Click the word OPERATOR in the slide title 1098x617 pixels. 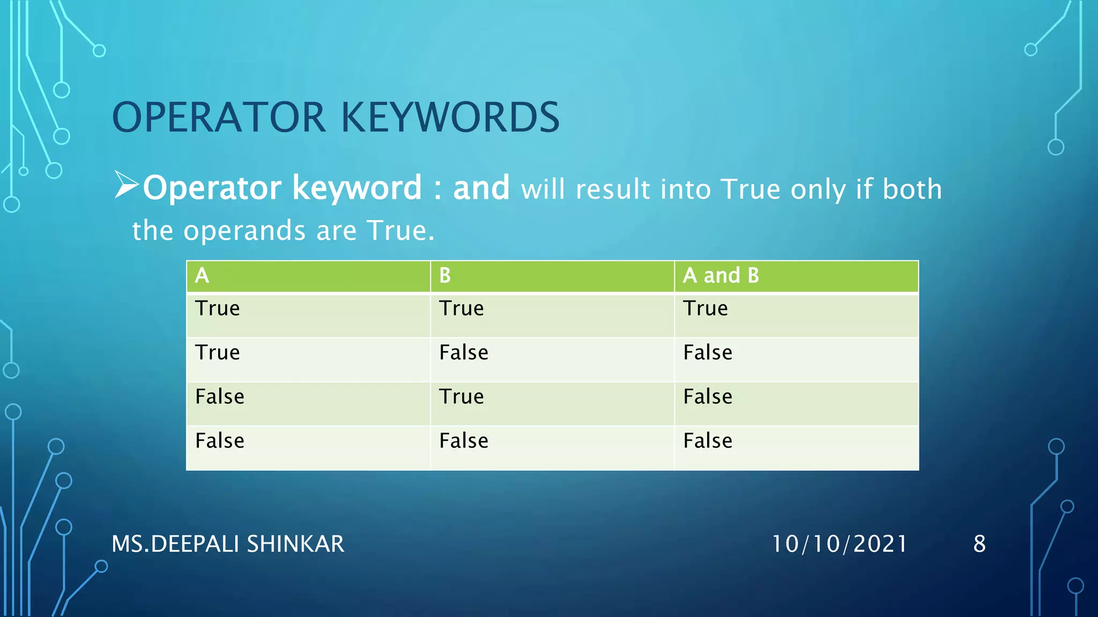pos(219,118)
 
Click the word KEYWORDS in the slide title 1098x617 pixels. pos(450,118)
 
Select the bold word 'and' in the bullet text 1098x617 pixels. pos(481,188)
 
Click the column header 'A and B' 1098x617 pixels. pos(721,276)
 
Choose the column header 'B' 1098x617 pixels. pos(445,276)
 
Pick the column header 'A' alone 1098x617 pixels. pos(202,276)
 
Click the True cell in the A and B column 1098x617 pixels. pos(706,309)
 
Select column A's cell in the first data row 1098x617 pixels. pos(218,309)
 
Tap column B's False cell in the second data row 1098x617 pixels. pos(464,353)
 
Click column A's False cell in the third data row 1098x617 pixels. pos(220,397)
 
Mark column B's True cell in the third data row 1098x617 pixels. pos(462,397)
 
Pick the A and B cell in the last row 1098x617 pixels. pos(708,441)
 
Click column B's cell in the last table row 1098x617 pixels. pos(464,441)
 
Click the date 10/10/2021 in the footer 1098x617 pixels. pos(840,544)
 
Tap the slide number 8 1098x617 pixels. pos(980,544)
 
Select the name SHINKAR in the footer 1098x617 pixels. pos(295,544)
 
